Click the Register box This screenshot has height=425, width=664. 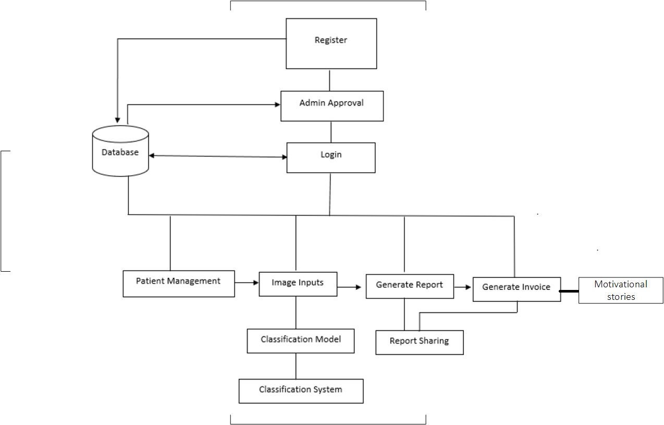pos(331,43)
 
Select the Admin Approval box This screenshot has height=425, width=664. pos(331,106)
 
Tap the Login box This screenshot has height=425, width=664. pos(331,157)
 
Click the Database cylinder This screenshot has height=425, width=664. pos(120,151)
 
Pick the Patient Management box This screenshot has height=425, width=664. pos(178,284)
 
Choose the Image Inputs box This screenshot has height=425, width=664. pos(298,284)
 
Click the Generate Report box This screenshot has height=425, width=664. pos(409,286)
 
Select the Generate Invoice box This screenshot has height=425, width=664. pos(516,289)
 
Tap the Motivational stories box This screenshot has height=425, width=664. pos(620,290)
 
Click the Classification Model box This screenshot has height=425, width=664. pos(301,341)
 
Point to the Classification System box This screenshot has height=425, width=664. pos(301,391)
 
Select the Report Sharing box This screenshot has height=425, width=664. pos(419,343)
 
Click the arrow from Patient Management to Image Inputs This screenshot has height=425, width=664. pos(247,283)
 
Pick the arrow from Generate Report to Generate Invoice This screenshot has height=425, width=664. pos(463,287)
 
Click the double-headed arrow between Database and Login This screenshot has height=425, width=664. pos(217,156)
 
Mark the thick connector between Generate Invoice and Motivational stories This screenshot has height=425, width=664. pos(570,292)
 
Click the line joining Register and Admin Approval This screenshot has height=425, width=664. pos(330,80)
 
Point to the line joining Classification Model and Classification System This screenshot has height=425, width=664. pos(296,366)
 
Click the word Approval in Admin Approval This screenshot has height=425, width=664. pos(346,103)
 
